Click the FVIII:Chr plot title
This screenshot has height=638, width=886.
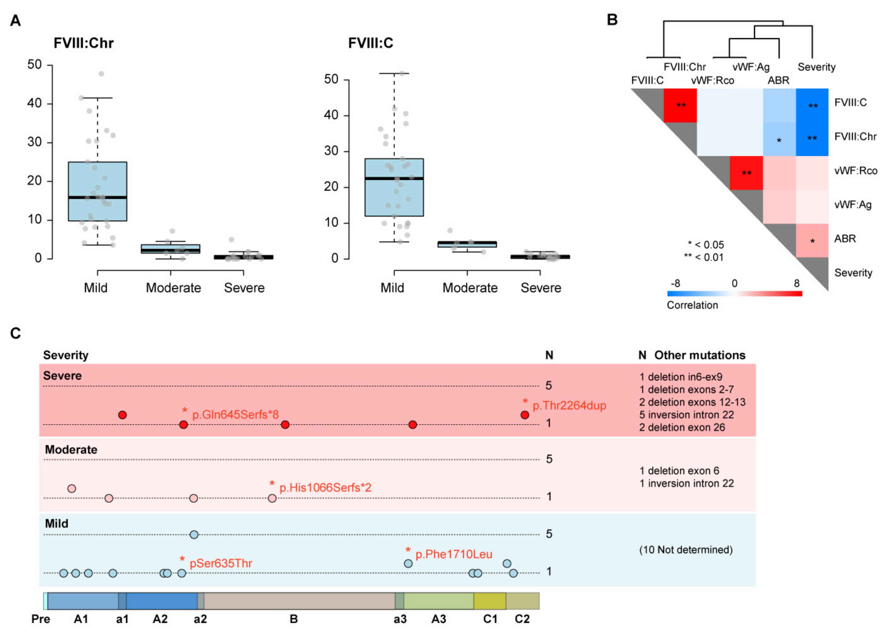83,43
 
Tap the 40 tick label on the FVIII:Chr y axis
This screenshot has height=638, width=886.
34,103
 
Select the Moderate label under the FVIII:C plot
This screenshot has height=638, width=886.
470,288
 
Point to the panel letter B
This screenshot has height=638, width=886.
612,19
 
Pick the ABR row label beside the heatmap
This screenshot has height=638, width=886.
845,239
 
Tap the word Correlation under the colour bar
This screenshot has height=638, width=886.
692,305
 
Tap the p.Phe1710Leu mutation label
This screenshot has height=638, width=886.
454,554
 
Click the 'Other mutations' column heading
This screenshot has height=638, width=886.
700,355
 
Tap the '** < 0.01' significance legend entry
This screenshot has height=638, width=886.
703,257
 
